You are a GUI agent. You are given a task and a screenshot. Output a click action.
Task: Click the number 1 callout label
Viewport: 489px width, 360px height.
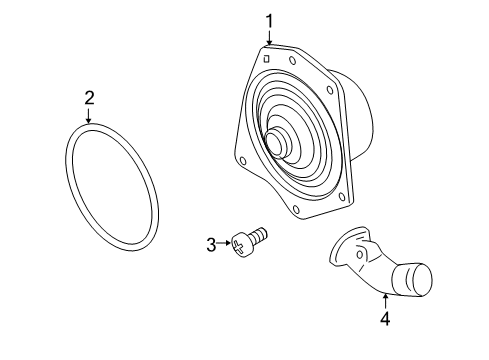[269, 19]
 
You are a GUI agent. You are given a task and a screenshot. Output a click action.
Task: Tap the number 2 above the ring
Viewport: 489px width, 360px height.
[89, 97]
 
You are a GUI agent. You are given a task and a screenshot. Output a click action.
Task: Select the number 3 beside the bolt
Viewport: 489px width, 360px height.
[211, 243]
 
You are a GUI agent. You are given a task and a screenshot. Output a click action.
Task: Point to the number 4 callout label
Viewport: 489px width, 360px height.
[384, 320]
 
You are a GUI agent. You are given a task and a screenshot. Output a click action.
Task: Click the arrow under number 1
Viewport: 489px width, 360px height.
[269, 36]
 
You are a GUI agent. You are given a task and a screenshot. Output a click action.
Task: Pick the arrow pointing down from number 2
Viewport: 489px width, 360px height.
[89, 115]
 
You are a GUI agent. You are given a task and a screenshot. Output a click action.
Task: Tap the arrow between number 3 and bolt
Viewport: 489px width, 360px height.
[222, 243]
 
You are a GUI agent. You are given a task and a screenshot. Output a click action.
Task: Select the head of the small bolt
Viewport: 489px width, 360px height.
[240, 244]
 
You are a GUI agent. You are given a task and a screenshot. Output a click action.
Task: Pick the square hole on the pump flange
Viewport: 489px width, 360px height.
[266, 57]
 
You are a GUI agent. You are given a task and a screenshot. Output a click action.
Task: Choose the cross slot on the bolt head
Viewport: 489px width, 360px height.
[240, 244]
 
